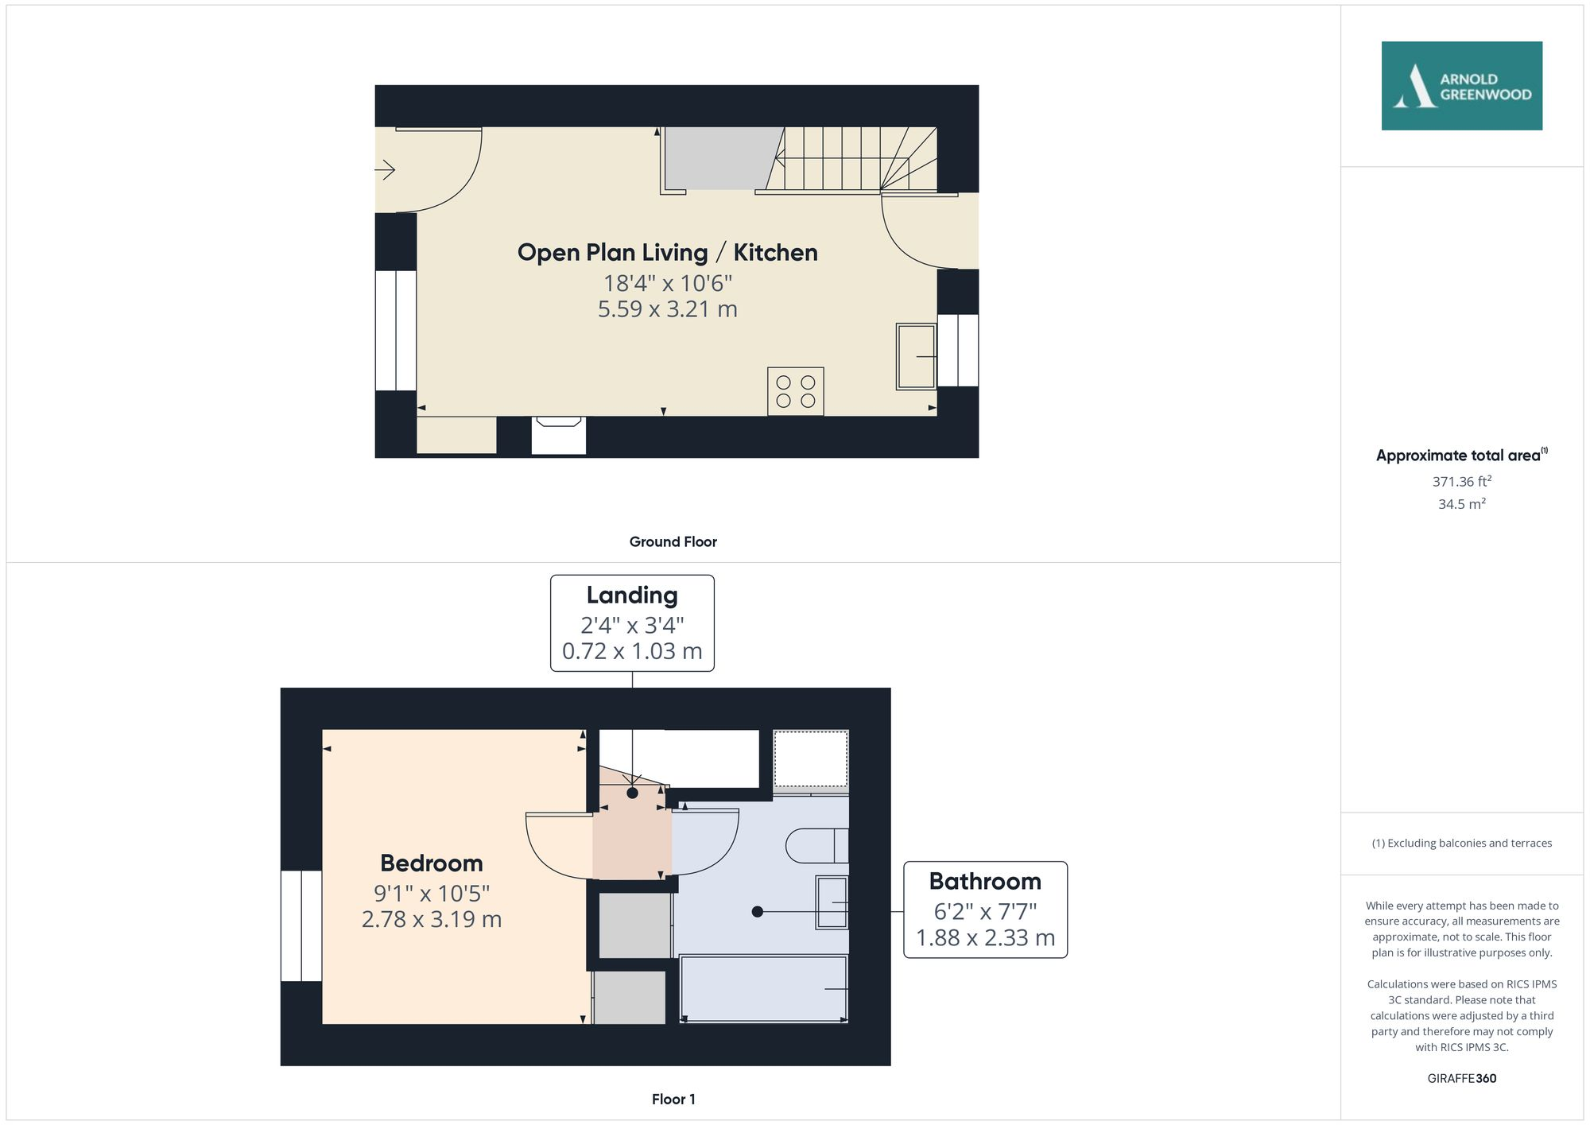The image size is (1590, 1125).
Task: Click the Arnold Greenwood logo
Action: tap(1461, 86)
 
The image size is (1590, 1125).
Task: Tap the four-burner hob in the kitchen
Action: tap(795, 391)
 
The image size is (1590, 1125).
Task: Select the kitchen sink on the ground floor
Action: tap(916, 356)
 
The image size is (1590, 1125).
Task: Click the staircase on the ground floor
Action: tap(847, 159)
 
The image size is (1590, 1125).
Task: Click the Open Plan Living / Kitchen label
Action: tap(667, 253)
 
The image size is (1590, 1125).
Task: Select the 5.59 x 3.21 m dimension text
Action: tap(667, 309)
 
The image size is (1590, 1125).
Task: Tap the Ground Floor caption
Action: tap(673, 542)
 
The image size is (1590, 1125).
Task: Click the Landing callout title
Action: tap(632, 595)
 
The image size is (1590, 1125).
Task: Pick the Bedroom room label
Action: tap(431, 863)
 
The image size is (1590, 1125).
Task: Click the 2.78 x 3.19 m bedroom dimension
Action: tap(431, 920)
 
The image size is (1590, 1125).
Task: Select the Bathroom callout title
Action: tap(985, 882)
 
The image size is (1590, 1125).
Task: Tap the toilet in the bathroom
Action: tap(816, 846)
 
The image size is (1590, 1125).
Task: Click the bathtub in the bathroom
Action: tap(763, 988)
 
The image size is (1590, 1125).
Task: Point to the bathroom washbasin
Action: tap(832, 902)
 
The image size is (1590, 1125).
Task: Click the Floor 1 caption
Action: tap(673, 1100)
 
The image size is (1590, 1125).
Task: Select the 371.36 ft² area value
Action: tap(1461, 482)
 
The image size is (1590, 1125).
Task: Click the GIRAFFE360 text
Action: tap(1461, 1079)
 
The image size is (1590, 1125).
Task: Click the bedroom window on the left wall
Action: tap(301, 926)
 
